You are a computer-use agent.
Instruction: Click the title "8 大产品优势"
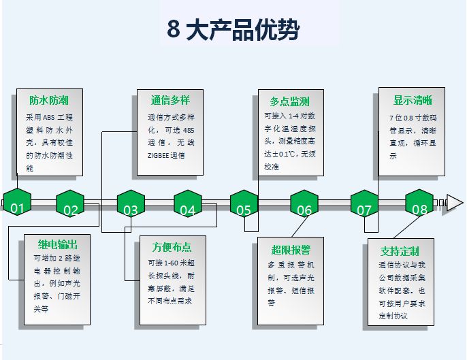233,30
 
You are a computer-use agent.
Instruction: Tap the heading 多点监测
289,101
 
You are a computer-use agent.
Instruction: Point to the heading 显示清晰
413,100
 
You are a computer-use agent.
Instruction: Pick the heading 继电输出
57,244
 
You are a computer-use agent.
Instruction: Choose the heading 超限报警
291,249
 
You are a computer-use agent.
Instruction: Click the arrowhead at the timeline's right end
453,202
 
